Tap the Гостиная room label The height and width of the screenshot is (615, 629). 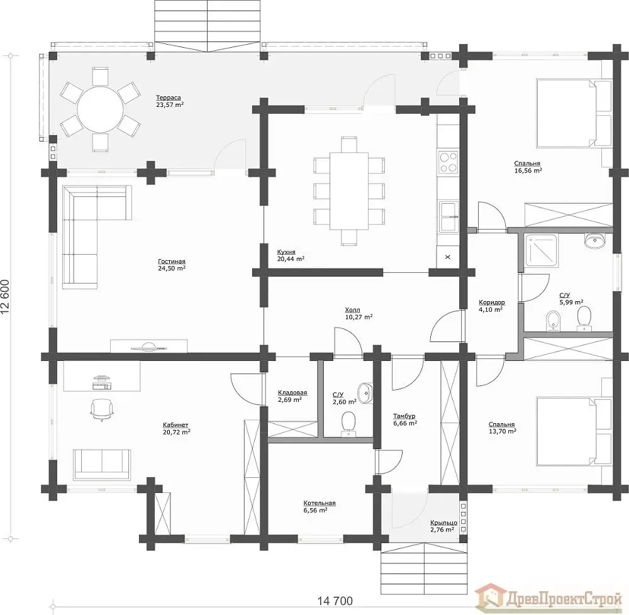tap(172, 262)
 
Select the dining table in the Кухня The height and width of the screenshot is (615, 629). tap(349, 191)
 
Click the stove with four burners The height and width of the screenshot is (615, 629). tap(448, 162)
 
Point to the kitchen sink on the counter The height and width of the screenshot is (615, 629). tap(449, 216)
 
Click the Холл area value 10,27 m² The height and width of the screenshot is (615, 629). tap(359, 317)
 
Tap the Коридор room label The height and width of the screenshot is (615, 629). tap(492, 302)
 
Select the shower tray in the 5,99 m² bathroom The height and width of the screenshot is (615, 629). tap(541, 251)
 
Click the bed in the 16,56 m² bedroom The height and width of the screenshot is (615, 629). tap(574, 113)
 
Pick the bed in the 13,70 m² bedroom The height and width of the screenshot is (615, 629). tap(574, 431)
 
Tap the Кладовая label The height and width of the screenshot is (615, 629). tap(292, 392)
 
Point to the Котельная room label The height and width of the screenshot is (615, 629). tap(320, 502)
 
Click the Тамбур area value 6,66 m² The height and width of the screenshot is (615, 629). tap(404, 423)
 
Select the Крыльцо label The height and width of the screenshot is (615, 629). tap(443, 523)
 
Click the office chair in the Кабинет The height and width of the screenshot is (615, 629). tap(102, 409)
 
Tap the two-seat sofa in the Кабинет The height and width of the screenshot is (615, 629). tap(102, 464)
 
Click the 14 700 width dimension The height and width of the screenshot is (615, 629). tap(335, 601)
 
